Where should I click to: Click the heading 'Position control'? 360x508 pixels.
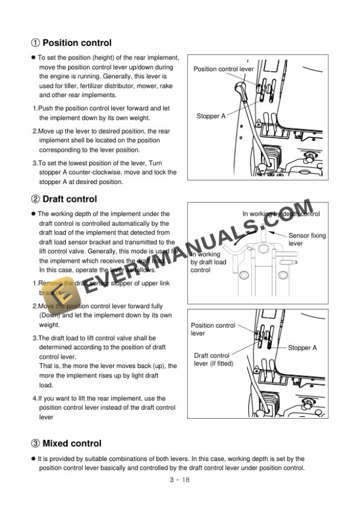(77, 43)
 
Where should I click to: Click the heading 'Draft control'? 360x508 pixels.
(69, 199)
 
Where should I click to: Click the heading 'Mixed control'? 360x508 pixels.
(72, 443)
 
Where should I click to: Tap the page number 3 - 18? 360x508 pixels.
(179, 479)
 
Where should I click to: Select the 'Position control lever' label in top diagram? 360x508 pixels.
(224, 69)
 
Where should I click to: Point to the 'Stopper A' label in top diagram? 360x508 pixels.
(211, 116)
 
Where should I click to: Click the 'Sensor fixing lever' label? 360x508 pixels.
(306, 239)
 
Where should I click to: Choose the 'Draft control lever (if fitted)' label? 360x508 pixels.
(214, 359)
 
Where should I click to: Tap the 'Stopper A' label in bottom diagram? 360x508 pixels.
(302, 348)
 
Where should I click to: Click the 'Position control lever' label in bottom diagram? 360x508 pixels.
(212, 329)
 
